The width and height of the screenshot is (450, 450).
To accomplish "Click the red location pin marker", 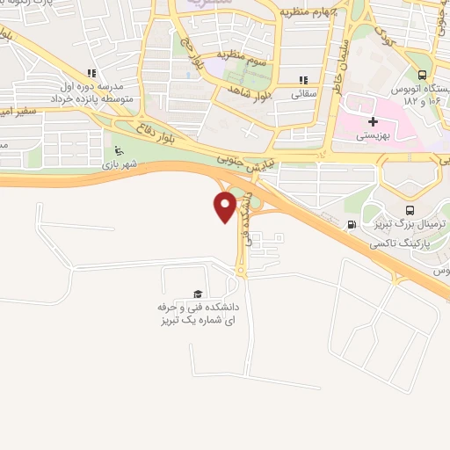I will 225,207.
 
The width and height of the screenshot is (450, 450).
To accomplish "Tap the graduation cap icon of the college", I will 198,294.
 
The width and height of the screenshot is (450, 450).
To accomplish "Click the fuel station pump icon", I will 352,224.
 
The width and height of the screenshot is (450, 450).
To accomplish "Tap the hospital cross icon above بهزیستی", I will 373,121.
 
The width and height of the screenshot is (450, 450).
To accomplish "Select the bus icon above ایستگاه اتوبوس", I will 423,76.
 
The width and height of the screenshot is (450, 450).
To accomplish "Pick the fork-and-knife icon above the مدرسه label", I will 90,74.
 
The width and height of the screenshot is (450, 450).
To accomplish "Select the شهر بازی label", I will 120,163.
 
